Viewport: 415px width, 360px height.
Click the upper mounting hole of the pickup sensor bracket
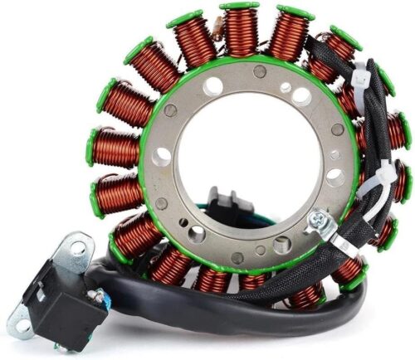(79, 247)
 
